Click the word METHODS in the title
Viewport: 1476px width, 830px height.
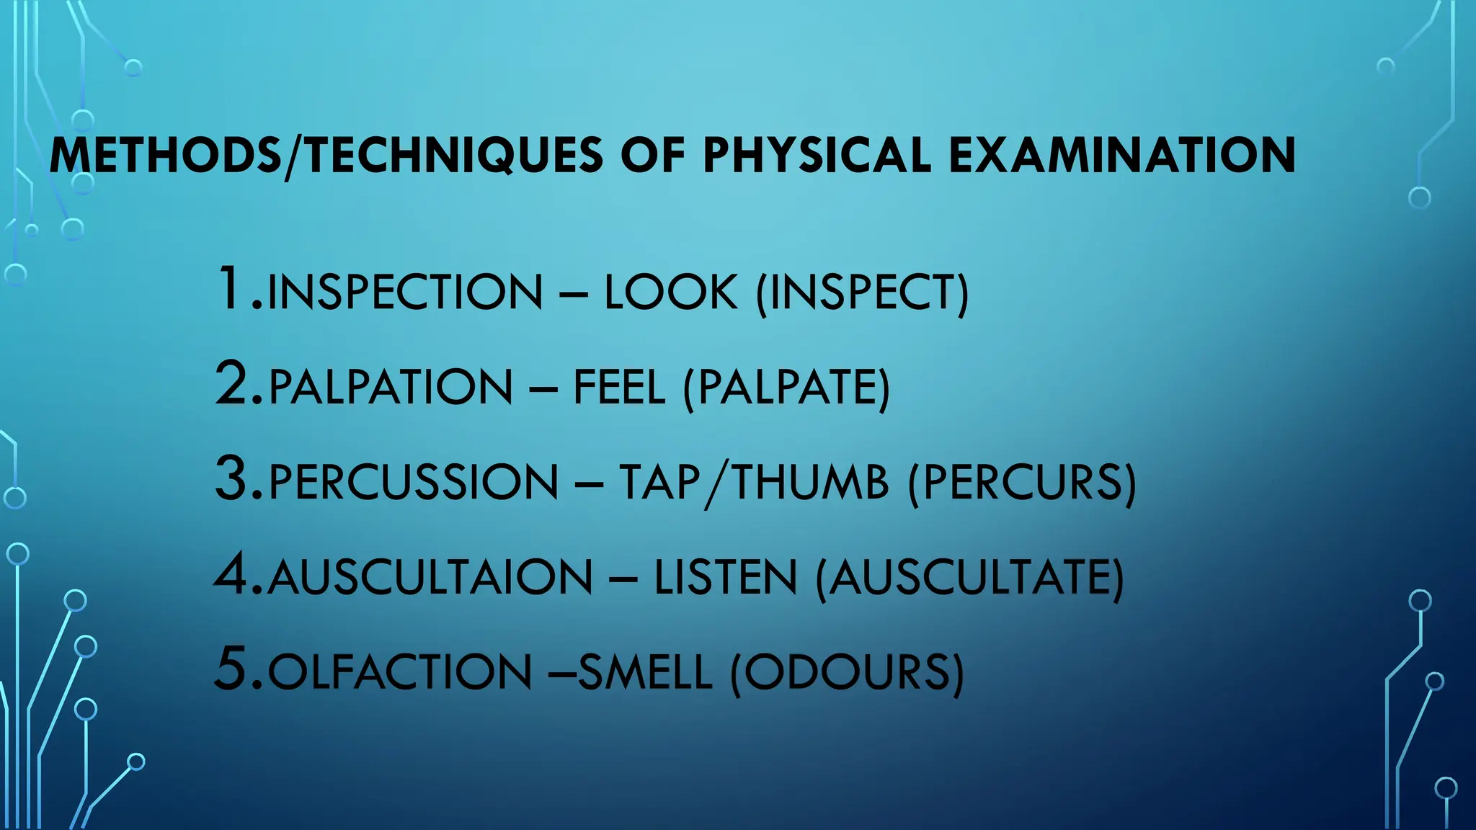[165, 156]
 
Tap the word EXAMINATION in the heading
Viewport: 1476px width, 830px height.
[1122, 156]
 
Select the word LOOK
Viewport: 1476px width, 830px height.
[671, 293]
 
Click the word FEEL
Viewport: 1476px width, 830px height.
[619, 388]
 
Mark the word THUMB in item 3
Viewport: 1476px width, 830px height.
[810, 483]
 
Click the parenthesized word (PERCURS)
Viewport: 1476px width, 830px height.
[1022, 483]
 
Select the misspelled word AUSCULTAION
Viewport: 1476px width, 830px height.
[430, 578]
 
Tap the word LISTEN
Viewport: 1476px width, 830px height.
[726, 578]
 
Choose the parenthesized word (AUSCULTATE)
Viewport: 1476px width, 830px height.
[969, 578]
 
